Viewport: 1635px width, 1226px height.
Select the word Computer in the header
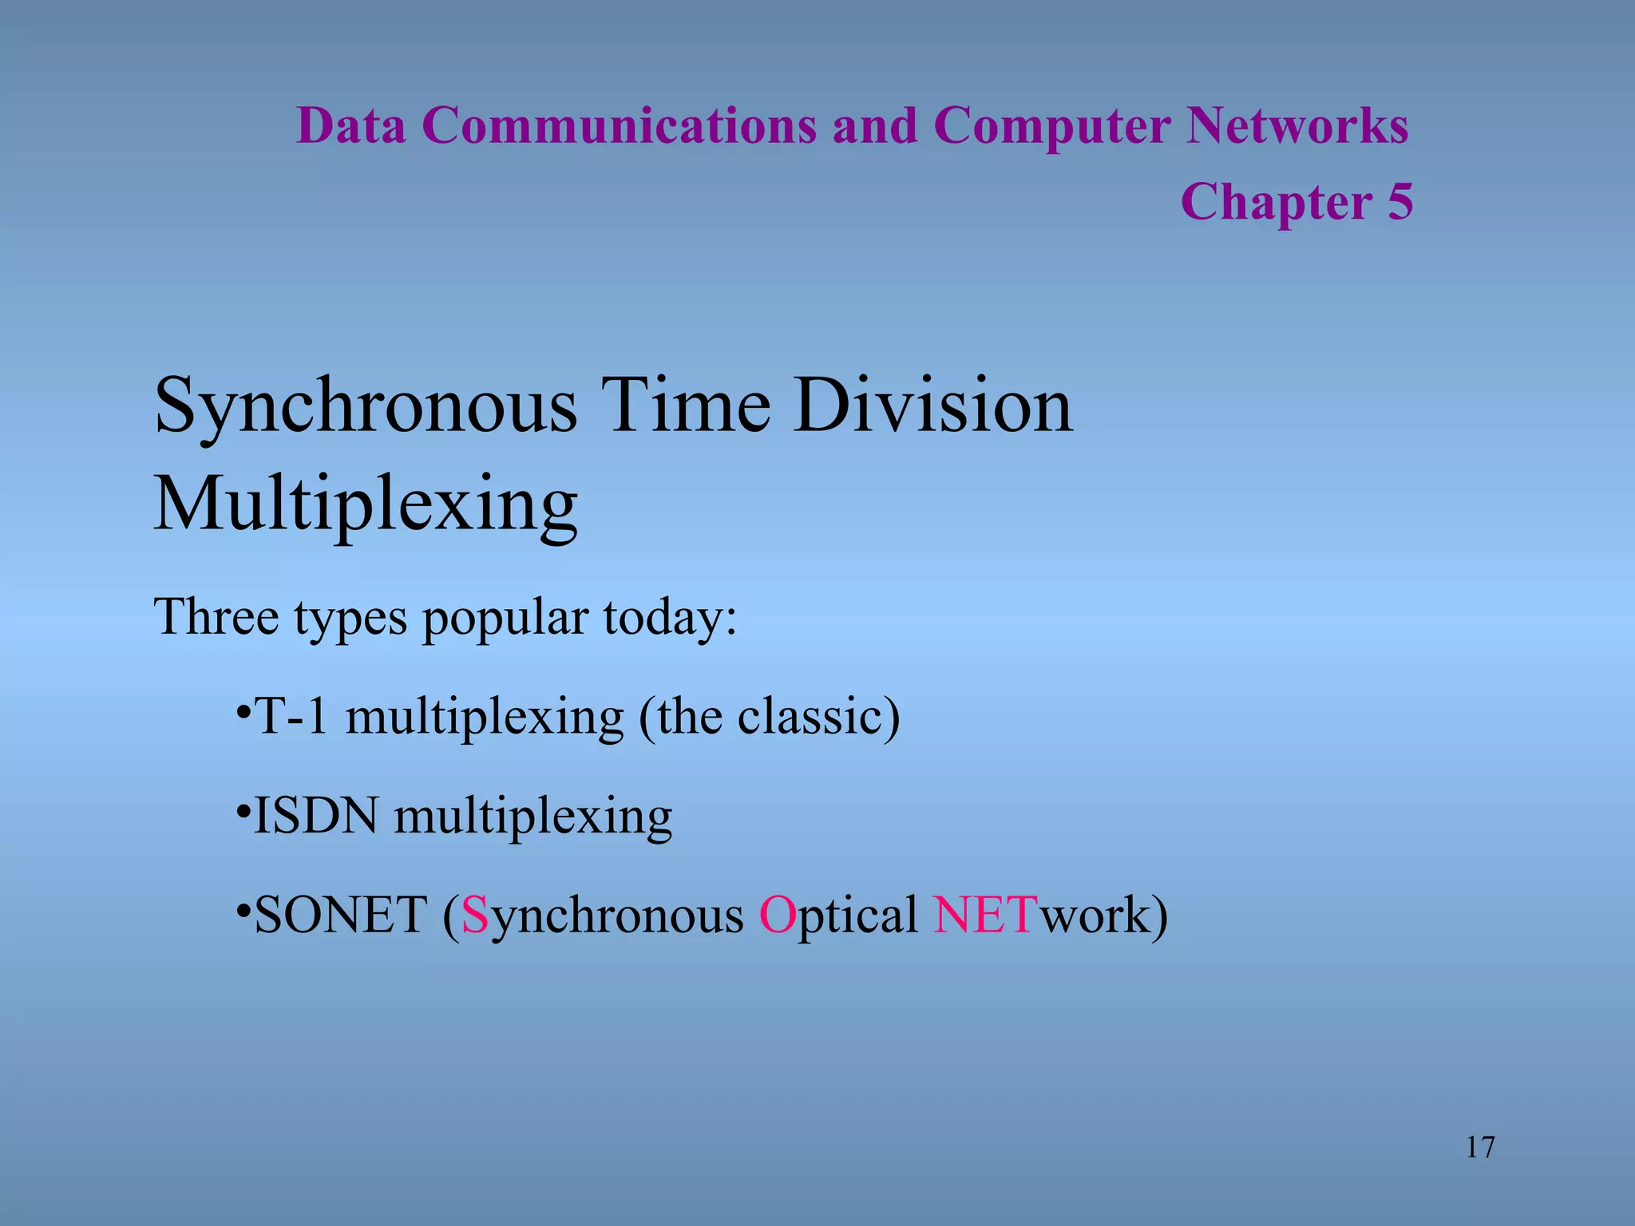(x=1051, y=126)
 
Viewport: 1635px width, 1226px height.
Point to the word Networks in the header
(x=1297, y=126)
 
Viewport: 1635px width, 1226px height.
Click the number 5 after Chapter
(x=1399, y=201)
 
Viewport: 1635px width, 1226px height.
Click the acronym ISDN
(x=315, y=816)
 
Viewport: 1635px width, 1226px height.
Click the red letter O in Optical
(x=776, y=915)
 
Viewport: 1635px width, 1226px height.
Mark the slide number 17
(x=1480, y=1147)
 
